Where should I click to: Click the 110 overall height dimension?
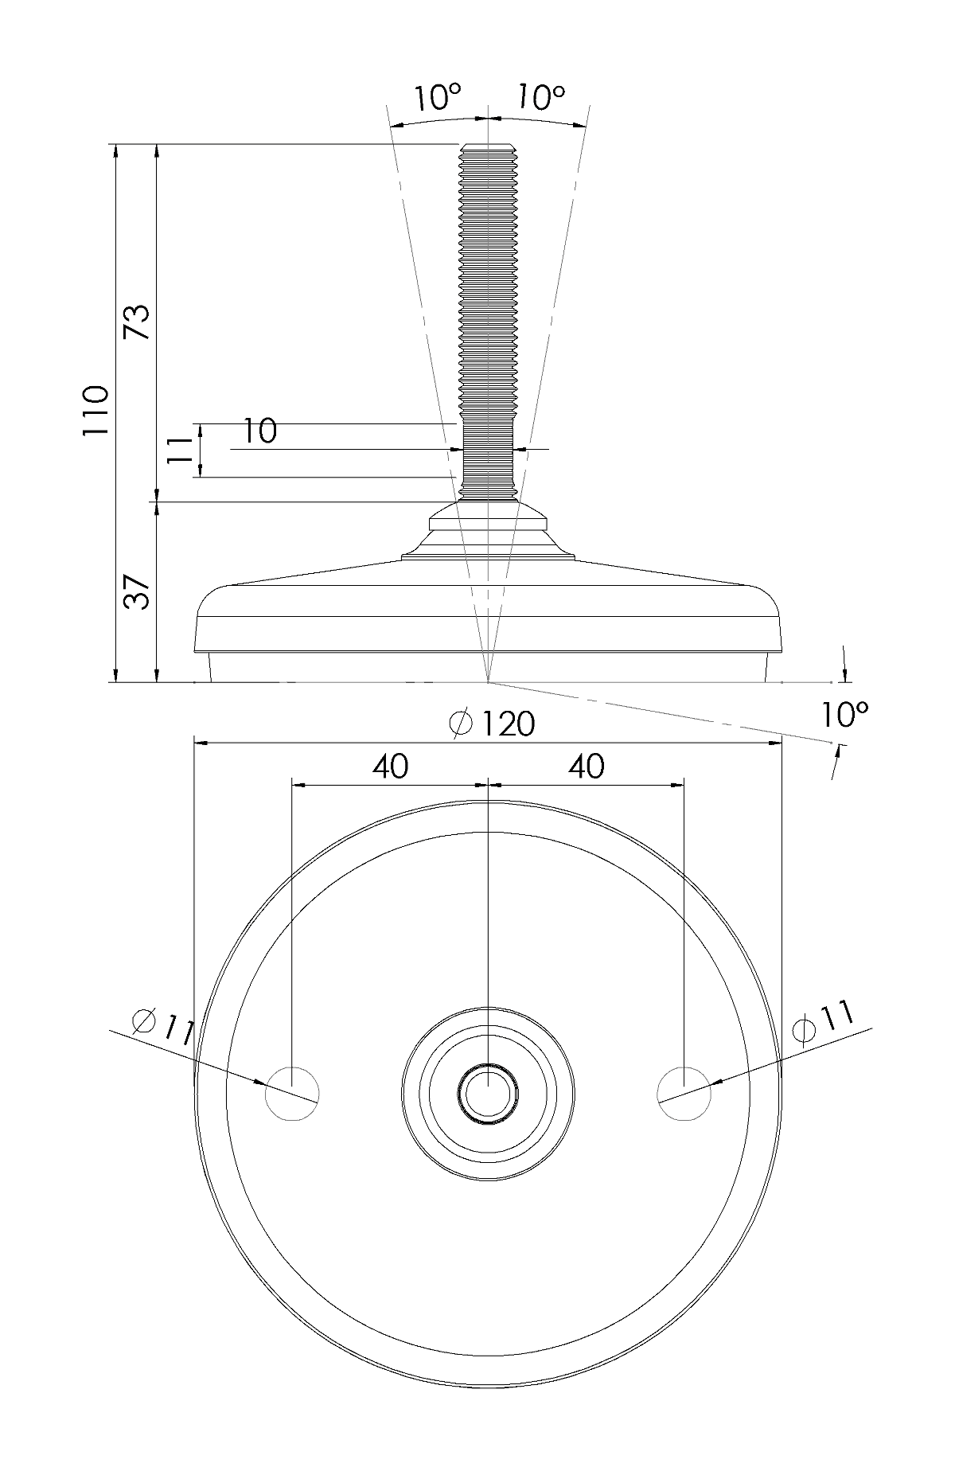tap(95, 409)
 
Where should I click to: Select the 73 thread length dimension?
tap(138, 322)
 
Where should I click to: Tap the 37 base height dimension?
tap(138, 592)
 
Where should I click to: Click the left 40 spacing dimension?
tap(390, 766)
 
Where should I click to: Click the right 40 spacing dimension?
tap(586, 766)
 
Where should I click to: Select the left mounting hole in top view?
tap(292, 1093)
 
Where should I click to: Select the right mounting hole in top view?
tap(684, 1093)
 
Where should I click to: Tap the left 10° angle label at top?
tap(437, 98)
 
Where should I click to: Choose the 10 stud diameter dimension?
tap(259, 431)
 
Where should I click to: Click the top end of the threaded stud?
tap(487, 148)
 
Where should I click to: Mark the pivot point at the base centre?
tap(487, 682)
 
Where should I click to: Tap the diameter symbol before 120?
tap(461, 724)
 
